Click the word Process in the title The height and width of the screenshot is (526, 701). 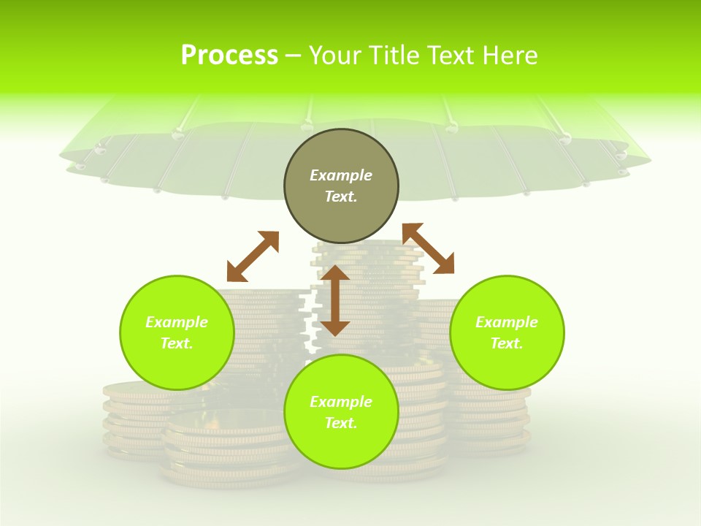pyautogui.click(x=229, y=56)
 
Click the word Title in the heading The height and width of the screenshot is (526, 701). pyautogui.click(x=393, y=56)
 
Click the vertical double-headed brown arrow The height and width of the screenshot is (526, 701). pyautogui.click(x=335, y=300)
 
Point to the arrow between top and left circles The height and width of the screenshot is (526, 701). pyautogui.click(x=253, y=256)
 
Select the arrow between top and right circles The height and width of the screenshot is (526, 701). pyautogui.click(x=428, y=248)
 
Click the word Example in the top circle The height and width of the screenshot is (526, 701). pyautogui.click(x=341, y=175)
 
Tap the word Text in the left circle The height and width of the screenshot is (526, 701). pyautogui.click(x=177, y=343)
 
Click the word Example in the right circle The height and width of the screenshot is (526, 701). pyautogui.click(x=507, y=322)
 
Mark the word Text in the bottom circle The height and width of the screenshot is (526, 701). pyautogui.click(x=341, y=423)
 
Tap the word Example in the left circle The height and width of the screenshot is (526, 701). pyautogui.click(x=177, y=322)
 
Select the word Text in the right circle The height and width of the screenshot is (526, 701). pyautogui.click(x=507, y=343)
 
